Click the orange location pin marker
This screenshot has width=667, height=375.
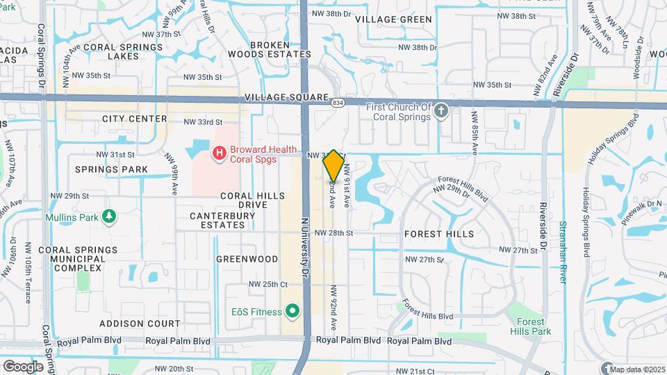tap(334, 165)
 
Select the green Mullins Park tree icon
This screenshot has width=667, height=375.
tap(109, 217)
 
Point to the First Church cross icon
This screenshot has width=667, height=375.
tap(440, 110)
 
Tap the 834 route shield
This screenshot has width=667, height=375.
tap(337, 103)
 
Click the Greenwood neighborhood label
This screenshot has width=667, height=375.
tap(247, 259)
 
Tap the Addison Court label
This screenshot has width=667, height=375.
tap(140, 324)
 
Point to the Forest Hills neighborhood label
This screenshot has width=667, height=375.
tap(439, 235)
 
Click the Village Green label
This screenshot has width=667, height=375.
tap(393, 19)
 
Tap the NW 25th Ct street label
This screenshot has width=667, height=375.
tap(268, 284)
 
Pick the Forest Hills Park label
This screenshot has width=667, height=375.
tap(534, 326)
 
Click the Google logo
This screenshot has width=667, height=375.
tap(24, 366)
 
